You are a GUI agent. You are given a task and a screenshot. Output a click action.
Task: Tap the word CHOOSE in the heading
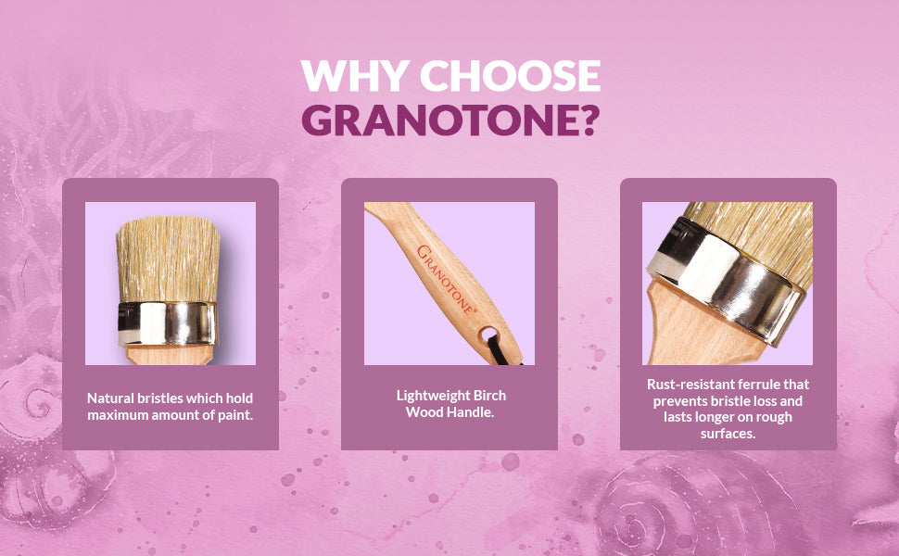(x=511, y=75)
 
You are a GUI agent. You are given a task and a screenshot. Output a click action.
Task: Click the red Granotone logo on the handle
(x=446, y=279)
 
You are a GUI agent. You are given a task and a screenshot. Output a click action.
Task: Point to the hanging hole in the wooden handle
(x=489, y=334)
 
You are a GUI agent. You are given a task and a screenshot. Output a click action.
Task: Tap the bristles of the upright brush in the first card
(x=168, y=259)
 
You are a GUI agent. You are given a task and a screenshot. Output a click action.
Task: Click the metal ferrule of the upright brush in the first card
(x=168, y=323)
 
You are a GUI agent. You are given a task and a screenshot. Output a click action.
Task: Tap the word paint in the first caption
(x=235, y=414)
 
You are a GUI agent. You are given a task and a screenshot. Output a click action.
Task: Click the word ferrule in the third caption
(x=758, y=384)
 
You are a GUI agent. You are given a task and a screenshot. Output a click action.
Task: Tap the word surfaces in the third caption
(x=728, y=434)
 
